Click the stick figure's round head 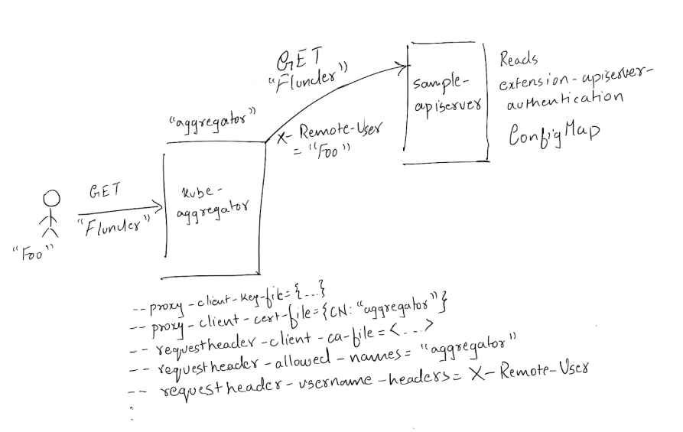(x=50, y=200)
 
